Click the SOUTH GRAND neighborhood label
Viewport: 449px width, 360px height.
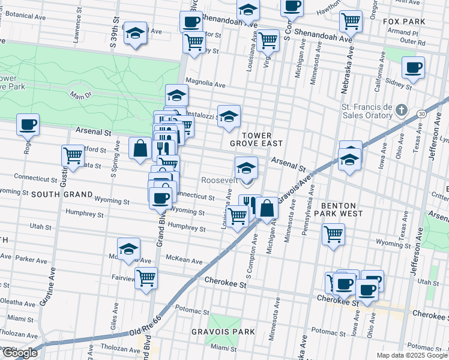[61, 195]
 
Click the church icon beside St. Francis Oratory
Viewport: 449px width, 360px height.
[403, 111]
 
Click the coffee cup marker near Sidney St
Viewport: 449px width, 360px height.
[412, 68]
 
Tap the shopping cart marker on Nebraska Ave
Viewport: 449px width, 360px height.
[351, 21]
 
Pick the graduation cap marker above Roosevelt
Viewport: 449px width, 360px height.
[246, 168]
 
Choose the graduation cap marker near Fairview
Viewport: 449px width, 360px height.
[128, 249]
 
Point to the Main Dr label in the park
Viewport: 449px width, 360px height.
[83, 95]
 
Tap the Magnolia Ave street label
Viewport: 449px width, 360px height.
[205, 85]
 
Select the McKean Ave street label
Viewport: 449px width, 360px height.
[184, 260]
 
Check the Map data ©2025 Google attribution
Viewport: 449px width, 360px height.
[412, 355]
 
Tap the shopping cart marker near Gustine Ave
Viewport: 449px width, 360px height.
[73, 155]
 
